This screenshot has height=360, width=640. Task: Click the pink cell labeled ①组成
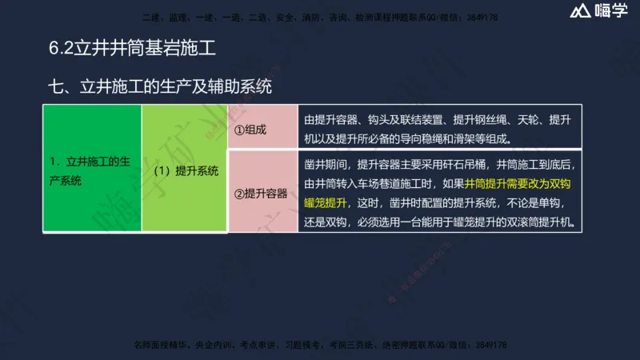click(249, 129)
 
